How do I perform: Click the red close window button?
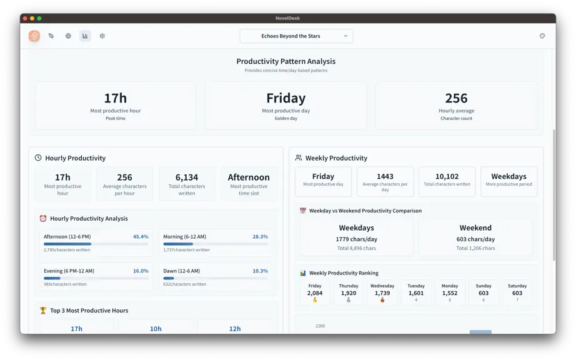pos(25,18)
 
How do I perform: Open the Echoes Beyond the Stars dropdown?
pos(297,36)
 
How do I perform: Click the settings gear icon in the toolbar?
pos(102,36)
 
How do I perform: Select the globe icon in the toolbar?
pos(68,36)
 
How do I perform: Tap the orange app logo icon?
pos(34,36)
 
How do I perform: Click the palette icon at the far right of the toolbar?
pos(542,36)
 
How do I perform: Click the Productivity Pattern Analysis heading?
pos(286,61)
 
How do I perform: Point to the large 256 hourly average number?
pos(456,98)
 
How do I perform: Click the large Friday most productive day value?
pos(286,98)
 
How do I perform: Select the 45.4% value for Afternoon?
pos(141,237)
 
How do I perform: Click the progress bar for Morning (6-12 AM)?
pos(216,244)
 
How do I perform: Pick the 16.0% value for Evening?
pos(141,271)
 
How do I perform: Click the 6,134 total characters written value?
pos(187,177)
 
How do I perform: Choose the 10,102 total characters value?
pos(447,176)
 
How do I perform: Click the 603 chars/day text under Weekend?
pos(475,239)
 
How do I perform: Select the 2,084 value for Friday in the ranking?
pos(315,293)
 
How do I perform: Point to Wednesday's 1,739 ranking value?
pos(382,293)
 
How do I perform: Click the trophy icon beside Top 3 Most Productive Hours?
pos(43,311)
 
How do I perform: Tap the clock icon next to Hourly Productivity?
pos(38,157)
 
